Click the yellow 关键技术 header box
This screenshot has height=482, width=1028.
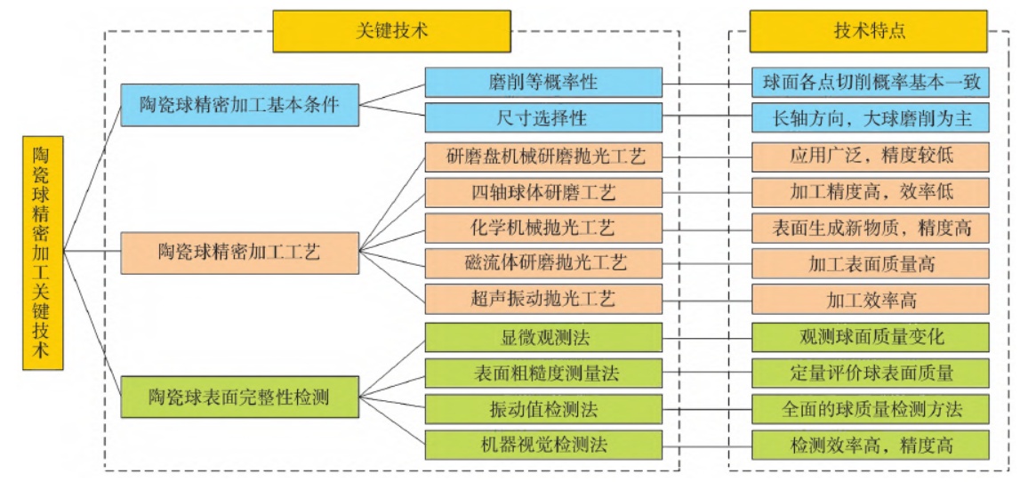[x=392, y=31]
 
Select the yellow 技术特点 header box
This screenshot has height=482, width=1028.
[x=869, y=31]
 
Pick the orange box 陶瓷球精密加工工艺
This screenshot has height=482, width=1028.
[x=240, y=251]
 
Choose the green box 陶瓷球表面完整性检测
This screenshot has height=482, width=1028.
[x=240, y=396]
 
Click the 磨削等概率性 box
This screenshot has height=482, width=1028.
[x=543, y=83]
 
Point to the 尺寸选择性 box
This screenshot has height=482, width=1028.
[x=543, y=117]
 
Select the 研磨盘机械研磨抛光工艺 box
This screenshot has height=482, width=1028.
[x=543, y=157]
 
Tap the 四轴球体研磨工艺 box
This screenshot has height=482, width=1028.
[x=543, y=192]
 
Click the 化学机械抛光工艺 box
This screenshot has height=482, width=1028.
[x=543, y=227]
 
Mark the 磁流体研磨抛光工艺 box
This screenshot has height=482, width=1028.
[x=543, y=263]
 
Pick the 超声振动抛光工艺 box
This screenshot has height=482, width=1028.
[x=543, y=300]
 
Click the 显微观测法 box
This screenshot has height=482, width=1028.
[x=543, y=338]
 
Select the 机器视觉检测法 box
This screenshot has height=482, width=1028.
[x=543, y=444]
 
